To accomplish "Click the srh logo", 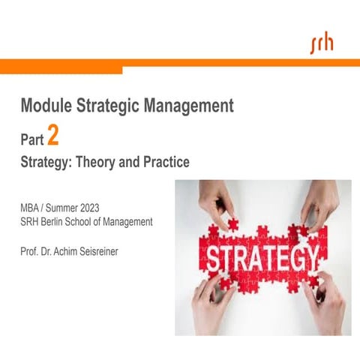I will [x=322, y=43].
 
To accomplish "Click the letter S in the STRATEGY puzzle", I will [x=214, y=259].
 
